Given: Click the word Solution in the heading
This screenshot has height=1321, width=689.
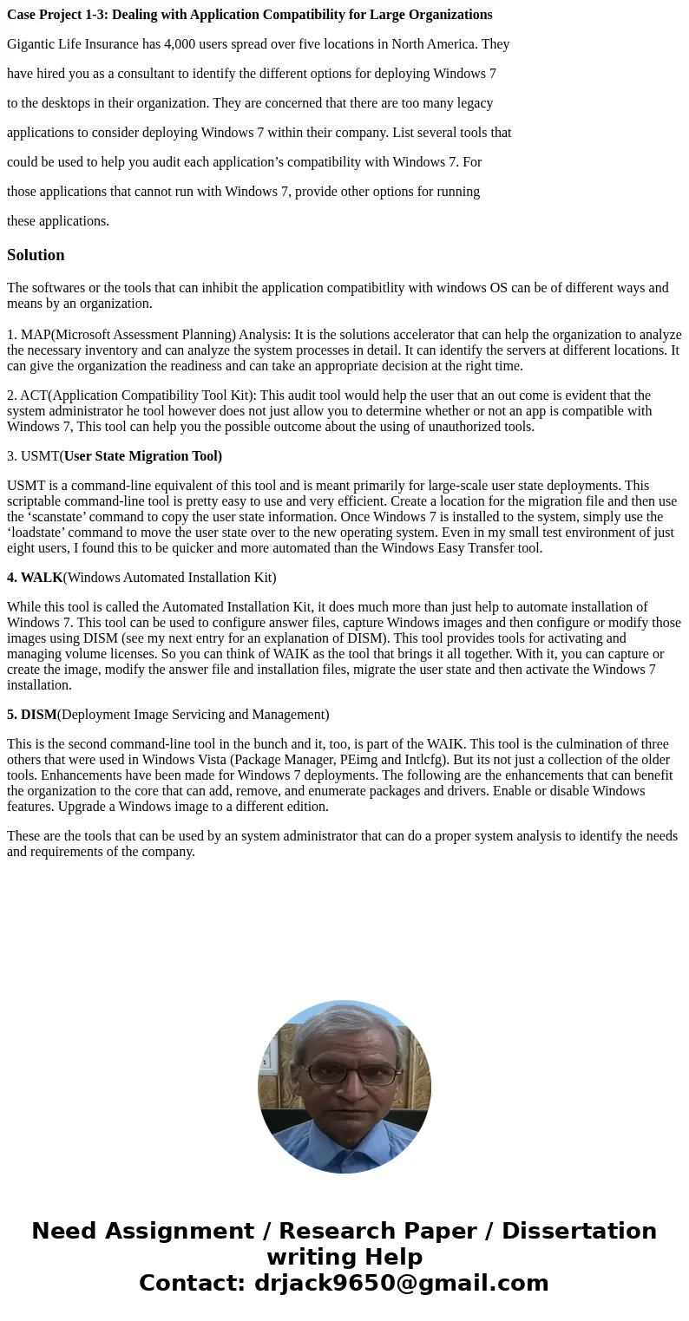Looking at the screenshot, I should tap(36, 255).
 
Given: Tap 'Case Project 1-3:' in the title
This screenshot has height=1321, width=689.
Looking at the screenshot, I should tap(57, 15).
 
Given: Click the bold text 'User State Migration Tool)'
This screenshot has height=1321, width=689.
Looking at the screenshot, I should tap(142, 456).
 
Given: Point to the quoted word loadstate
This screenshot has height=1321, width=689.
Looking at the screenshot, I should tap(37, 533).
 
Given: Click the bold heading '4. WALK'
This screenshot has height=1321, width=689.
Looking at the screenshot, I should tap(35, 578).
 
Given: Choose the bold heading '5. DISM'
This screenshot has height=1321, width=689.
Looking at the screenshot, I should tap(32, 715).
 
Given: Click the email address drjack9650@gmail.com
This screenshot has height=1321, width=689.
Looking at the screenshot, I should tap(401, 1284).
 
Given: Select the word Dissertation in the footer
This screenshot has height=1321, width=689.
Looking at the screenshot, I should tap(579, 1232).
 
